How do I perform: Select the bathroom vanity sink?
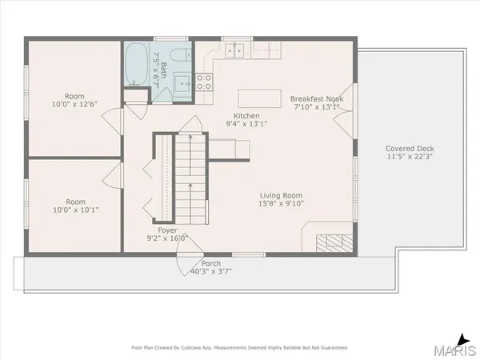(x=182, y=82)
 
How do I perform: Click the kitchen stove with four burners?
(x=203, y=81)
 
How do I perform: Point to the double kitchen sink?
(x=234, y=50)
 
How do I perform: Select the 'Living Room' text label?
(x=280, y=195)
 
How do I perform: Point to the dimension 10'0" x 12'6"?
(x=76, y=103)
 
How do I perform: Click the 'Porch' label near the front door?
(x=211, y=263)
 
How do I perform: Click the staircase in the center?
(x=190, y=176)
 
